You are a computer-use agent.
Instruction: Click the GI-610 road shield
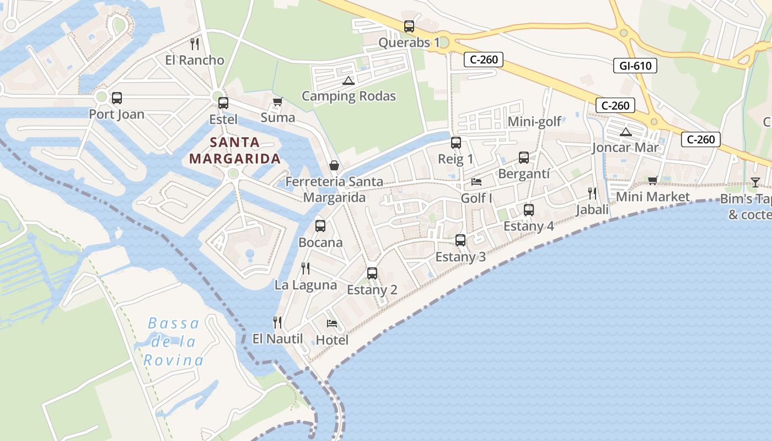pyautogui.click(x=635, y=66)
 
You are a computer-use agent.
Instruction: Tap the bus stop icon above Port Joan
pyautogui.click(x=117, y=98)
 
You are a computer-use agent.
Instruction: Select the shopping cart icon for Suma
pyautogui.click(x=277, y=102)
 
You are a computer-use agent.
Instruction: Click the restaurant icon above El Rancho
pyautogui.click(x=194, y=44)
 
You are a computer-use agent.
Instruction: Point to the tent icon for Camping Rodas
pyautogui.click(x=348, y=80)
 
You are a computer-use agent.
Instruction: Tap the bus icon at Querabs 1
pyautogui.click(x=409, y=26)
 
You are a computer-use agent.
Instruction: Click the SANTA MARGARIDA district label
pyautogui.click(x=235, y=150)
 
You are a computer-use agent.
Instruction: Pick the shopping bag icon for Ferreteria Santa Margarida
pyautogui.click(x=334, y=165)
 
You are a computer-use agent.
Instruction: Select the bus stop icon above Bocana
pyautogui.click(x=320, y=226)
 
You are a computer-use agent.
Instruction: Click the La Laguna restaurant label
pyautogui.click(x=305, y=285)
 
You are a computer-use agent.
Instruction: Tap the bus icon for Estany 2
pyautogui.click(x=372, y=273)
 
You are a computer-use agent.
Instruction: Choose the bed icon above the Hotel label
pyautogui.click(x=332, y=323)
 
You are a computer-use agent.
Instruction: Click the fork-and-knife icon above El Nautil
pyautogui.click(x=277, y=322)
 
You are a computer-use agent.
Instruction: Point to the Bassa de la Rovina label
pyautogui.click(x=173, y=342)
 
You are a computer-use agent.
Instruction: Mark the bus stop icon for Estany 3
pyautogui.click(x=460, y=240)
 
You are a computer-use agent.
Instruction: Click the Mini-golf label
pyautogui.click(x=534, y=121)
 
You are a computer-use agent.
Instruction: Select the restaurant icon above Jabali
pyautogui.click(x=592, y=193)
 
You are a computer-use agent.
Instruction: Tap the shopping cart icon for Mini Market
pyautogui.click(x=653, y=180)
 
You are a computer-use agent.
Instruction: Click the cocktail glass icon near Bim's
pyautogui.click(x=755, y=182)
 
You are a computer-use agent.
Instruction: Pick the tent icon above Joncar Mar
pyautogui.click(x=625, y=132)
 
